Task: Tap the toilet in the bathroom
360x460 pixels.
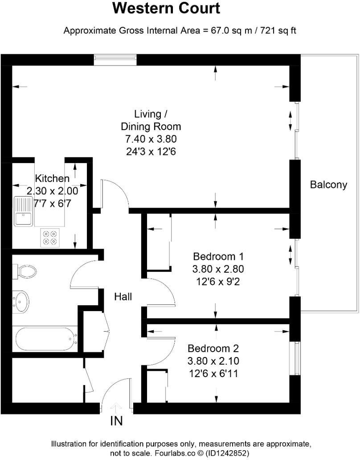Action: pos(26,271)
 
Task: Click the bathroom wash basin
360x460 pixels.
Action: pos(21,302)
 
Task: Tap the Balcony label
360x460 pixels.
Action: pos(328,185)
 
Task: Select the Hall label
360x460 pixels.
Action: pos(123,296)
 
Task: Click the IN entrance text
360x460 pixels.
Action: pos(116,420)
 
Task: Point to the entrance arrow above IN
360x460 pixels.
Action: pos(116,407)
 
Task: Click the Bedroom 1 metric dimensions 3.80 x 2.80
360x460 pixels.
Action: pos(218,269)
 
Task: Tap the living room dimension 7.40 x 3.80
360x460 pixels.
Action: pos(151,139)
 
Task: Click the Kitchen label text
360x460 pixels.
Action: pos(52,178)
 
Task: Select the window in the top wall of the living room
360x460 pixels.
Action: pos(115,59)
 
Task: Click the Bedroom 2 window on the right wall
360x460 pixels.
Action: pos(295,358)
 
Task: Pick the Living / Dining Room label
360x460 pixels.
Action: pos(151,119)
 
